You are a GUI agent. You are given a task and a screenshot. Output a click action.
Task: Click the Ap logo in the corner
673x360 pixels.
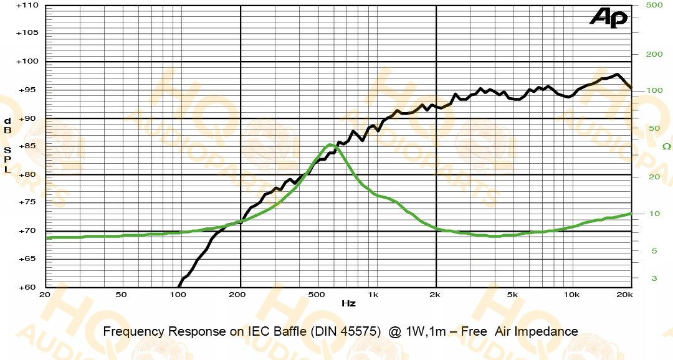click(x=609, y=18)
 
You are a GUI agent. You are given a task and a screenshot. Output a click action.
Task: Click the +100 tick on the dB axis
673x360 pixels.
click(x=27, y=62)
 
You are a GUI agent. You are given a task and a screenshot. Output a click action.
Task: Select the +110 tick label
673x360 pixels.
click(x=27, y=6)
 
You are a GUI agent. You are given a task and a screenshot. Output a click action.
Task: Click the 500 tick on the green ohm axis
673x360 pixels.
click(x=654, y=5)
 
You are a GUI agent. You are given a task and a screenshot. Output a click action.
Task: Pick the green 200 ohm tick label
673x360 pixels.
click(x=654, y=54)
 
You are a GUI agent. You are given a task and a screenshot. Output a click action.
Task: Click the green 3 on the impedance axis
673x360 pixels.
click(x=654, y=278)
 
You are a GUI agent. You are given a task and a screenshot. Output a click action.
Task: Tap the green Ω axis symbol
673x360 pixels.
click(x=666, y=147)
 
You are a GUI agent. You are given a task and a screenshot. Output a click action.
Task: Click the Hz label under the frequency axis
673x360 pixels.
click(x=348, y=303)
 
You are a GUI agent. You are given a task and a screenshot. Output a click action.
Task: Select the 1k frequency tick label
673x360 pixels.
click(x=373, y=295)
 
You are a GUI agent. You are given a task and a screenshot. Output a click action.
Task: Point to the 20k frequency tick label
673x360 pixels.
click(x=624, y=295)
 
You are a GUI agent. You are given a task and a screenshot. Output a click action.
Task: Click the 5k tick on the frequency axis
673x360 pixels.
click(x=512, y=295)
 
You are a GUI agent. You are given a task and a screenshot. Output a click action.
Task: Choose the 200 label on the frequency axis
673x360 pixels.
click(x=237, y=295)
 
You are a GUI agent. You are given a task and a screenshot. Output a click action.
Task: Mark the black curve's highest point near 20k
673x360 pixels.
click(x=617, y=74)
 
